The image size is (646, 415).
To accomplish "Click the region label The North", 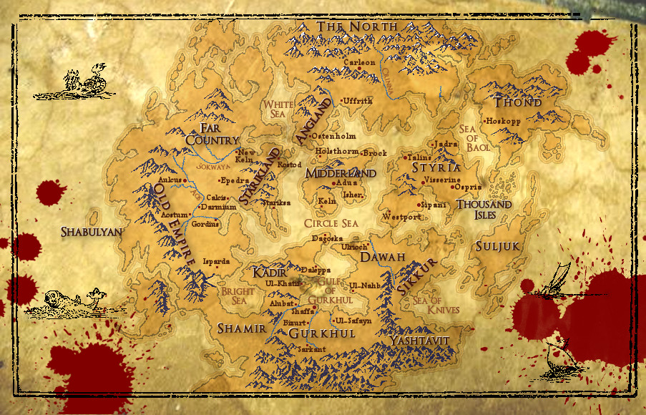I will (357, 26).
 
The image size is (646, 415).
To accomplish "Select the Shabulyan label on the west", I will (92, 232).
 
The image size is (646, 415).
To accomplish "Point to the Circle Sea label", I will (331, 223).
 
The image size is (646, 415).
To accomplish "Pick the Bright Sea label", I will (237, 296).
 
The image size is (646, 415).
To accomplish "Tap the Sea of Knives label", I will (437, 305).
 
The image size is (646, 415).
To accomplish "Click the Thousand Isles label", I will (484, 210).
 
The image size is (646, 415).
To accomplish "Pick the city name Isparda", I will (217, 261).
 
